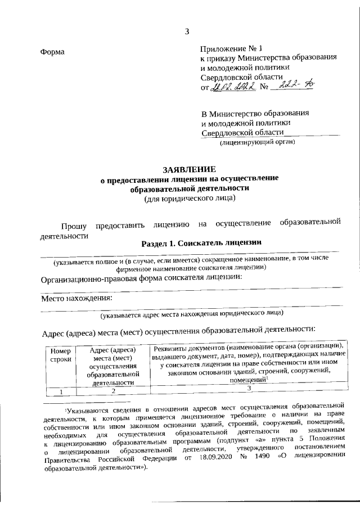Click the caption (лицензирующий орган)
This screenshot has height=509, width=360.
click(258, 142)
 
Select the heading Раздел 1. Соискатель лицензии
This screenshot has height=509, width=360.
click(202, 243)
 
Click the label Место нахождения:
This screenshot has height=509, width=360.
click(76, 298)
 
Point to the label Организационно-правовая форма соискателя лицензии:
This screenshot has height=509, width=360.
click(141, 278)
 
